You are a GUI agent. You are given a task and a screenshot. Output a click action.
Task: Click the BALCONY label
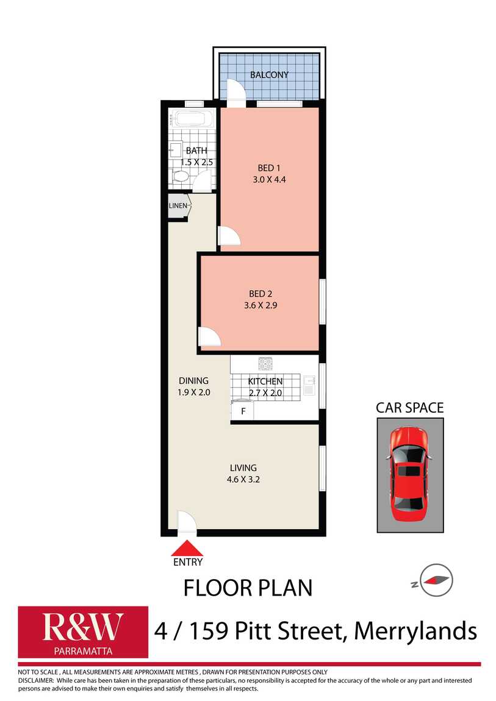click(x=269, y=75)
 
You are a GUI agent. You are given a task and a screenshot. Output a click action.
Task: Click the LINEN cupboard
click(x=178, y=206)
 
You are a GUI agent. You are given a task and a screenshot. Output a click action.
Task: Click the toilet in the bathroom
click(x=181, y=177)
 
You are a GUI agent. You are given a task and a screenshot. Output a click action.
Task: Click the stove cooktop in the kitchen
click(x=266, y=364)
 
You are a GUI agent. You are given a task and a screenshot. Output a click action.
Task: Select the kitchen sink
click(x=309, y=386)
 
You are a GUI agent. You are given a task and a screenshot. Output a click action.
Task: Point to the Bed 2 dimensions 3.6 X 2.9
click(x=256, y=305)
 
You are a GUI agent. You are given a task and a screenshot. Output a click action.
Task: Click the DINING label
click(x=193, y=381)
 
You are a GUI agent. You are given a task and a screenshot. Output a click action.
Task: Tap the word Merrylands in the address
click(x=415, y=630)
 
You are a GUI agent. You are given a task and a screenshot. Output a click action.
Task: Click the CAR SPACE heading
click(x=409, y=408)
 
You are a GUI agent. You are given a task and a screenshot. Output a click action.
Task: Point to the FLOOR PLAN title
click(x=248, y=588)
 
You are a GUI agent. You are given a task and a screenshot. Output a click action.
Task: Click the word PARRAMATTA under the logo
click(x=82, y=650)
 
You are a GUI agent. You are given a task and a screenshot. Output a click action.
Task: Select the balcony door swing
click(x=236, y=91)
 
